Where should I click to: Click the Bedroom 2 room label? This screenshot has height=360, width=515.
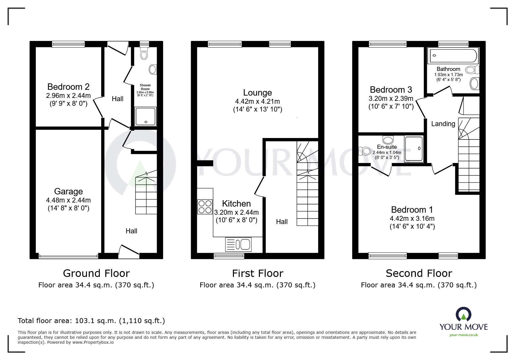point(68,87)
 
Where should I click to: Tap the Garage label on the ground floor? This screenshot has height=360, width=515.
point(68,191)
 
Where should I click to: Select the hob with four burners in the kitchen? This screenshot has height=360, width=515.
point(205,207)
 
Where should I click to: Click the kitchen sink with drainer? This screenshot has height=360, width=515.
point(238,244)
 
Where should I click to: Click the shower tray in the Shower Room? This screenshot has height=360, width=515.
point(145,116)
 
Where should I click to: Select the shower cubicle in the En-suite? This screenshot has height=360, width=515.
point(414,149)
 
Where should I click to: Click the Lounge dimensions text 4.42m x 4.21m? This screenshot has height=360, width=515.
point(257,101)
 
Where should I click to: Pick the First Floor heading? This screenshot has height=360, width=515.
point(257,273)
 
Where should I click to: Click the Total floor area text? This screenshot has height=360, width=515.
point(91,321)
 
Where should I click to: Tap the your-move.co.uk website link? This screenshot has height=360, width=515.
point(464,335)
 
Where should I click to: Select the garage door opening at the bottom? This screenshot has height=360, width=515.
point(68,256)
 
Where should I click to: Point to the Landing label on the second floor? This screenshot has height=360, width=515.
point(443,124)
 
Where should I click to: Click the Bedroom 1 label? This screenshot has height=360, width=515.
point(412,209)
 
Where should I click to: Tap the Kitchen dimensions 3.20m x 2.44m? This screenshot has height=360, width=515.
point(236,212)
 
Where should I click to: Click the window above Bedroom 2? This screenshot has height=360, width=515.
point(68,44)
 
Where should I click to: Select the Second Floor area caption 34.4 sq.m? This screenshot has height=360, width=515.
point(419,285)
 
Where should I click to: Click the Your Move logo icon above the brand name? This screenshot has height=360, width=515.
point(463,315)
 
